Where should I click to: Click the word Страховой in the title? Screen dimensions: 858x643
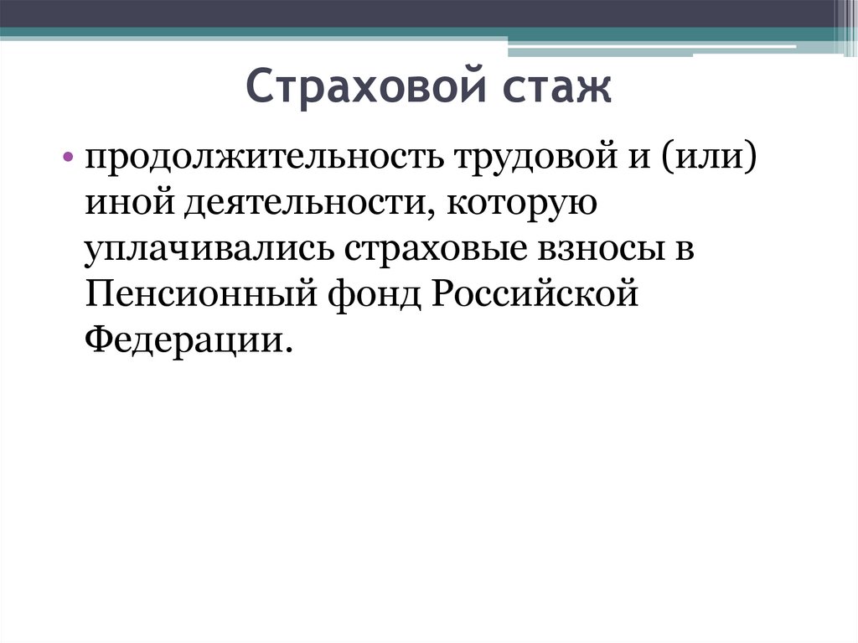pos(365,86)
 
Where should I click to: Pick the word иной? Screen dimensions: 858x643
pos(130,204)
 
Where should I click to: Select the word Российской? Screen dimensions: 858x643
pos(535,293)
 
